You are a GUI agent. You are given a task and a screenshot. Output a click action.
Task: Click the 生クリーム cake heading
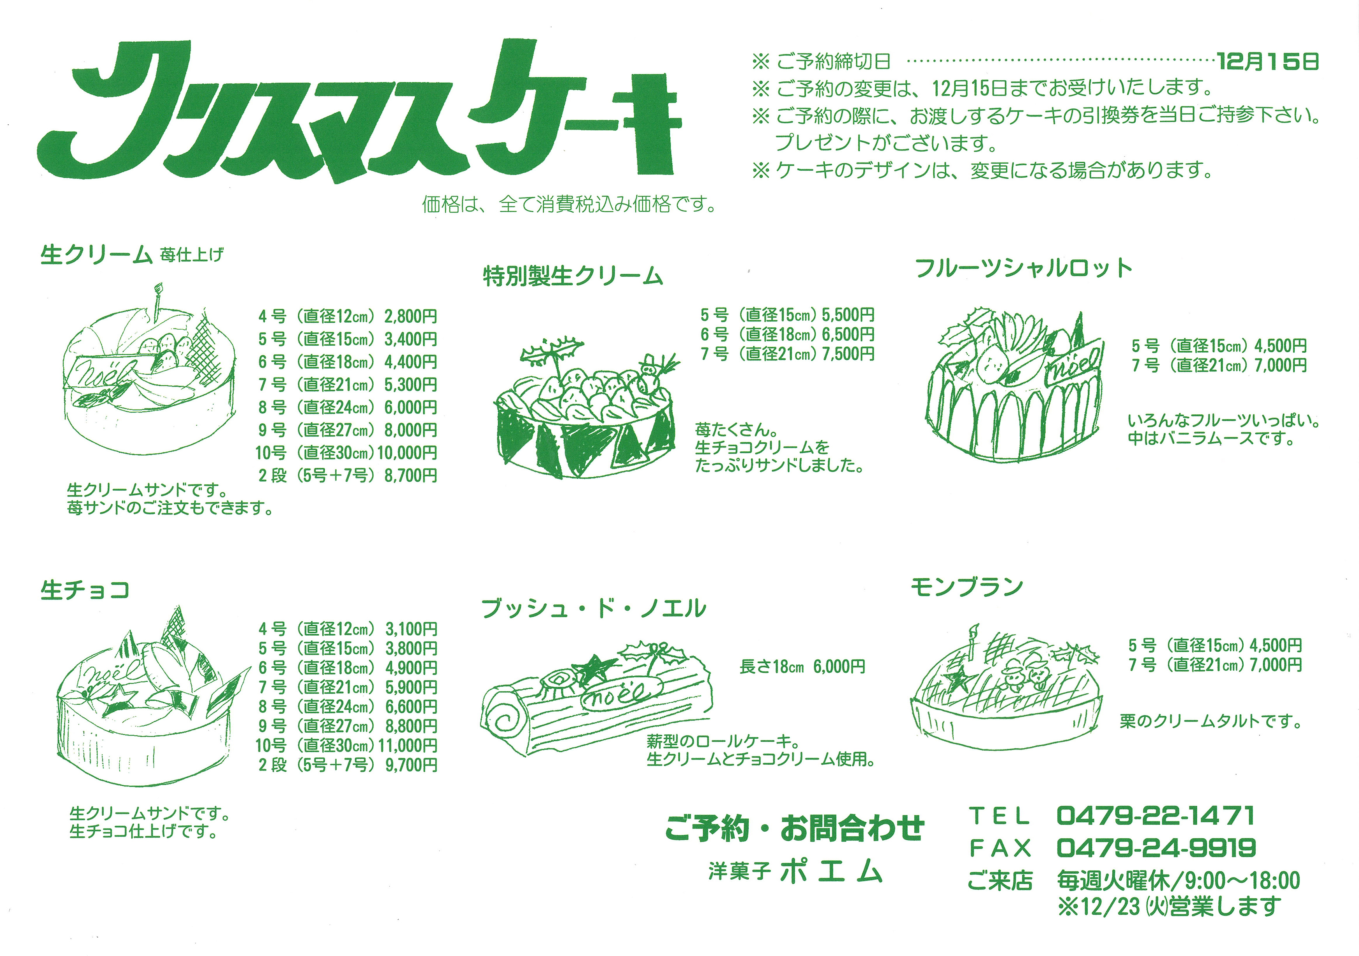97,255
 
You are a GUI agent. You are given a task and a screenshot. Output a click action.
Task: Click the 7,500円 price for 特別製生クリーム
848,354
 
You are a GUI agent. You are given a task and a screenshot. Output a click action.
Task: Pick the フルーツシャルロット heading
1023,268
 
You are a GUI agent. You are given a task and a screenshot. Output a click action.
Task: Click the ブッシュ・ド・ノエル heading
594,608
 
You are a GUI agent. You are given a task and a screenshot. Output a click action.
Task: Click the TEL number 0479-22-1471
1156,816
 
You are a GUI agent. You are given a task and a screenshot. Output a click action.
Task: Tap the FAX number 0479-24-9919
1156,848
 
